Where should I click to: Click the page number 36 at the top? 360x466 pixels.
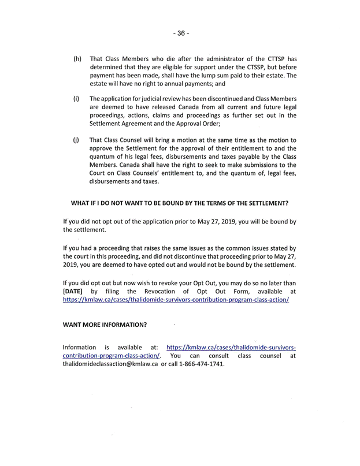(x=180, y=33)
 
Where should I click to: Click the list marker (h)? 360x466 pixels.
(x=77, y=59)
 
